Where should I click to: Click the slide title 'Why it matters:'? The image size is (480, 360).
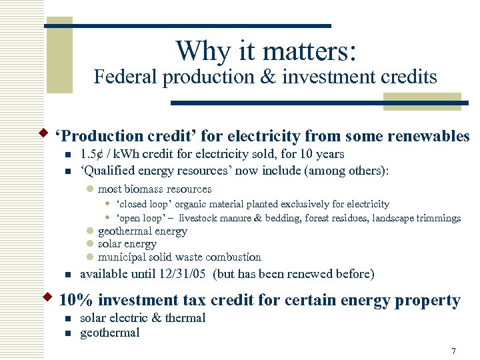coord(266,51)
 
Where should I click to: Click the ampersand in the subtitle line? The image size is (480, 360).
coord(265,77)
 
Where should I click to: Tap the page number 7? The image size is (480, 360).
coord(453,351)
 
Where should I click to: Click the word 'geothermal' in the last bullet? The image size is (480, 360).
coord(110,333)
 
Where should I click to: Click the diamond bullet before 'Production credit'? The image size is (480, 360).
coord(48,131)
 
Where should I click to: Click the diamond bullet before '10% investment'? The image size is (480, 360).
coord(48,296)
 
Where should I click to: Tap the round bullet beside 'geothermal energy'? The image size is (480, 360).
coord(91,232)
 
